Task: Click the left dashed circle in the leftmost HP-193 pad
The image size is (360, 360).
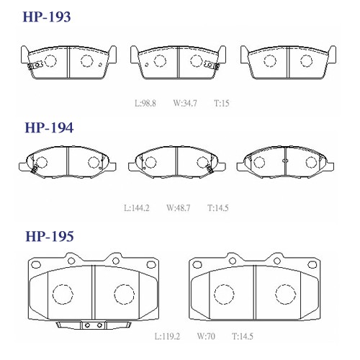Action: point(50,61)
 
